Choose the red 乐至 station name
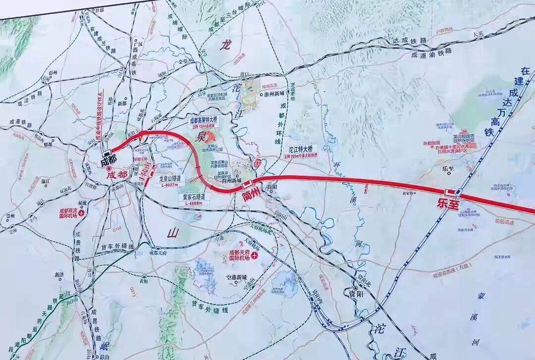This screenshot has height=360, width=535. coord(449,203)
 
